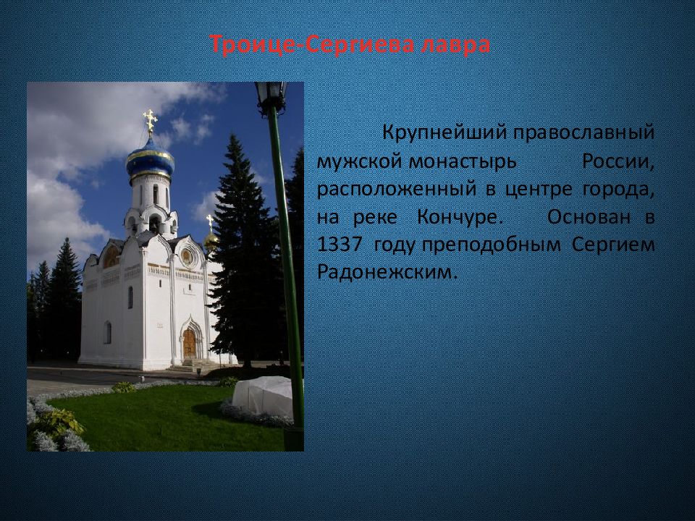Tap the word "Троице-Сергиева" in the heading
point(311,45)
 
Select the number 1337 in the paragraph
point(340,245)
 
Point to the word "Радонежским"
point(387,272)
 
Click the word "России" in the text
point(618,161)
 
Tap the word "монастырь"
point(463,162)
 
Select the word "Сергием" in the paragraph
point(613,245)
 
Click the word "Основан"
point(589,217)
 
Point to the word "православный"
point(584,133)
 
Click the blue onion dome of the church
point(151,159)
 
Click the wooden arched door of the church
point(189,344)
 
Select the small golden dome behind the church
point(211,240)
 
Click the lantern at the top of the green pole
point(271,96)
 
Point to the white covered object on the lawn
point(262,397)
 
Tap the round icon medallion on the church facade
point(186,257)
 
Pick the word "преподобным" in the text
point(491,245)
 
